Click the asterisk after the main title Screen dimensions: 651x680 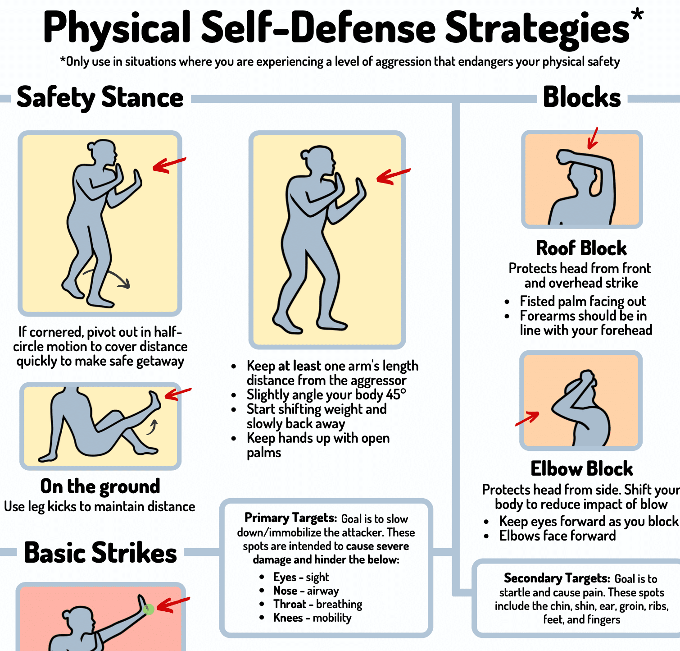637,15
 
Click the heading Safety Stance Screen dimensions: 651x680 100,97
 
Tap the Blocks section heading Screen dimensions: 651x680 582,97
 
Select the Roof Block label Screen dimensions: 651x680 581,248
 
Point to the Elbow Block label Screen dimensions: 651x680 582,469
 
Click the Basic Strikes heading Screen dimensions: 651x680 100,553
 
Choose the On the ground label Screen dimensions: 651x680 100,486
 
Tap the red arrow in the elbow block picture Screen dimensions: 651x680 527,418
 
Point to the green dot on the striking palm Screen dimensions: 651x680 148,610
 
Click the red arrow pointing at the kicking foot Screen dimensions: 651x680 177,394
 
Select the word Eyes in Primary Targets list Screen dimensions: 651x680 285,577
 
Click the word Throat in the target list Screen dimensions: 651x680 290,604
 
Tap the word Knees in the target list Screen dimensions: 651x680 288,618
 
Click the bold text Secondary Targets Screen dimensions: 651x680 557,578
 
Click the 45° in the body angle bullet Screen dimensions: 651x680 396,394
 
